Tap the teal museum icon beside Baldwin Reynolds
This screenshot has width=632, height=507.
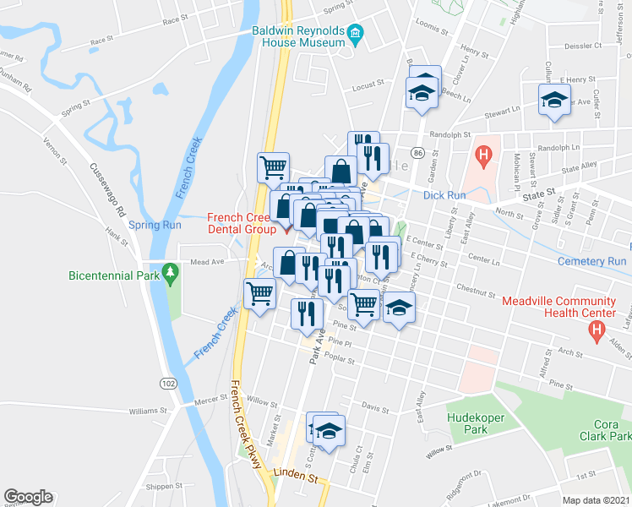click(356, 34)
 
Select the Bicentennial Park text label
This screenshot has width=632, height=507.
click(115, 275)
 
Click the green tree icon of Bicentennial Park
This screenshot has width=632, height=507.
click(172, 273)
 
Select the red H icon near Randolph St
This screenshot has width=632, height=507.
click(483, 155)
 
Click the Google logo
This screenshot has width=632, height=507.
click(28, 497)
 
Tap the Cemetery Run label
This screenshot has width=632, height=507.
click(592, 261)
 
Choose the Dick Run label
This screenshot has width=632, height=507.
click(444, 194)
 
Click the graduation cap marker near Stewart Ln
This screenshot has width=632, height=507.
click(554, 101)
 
